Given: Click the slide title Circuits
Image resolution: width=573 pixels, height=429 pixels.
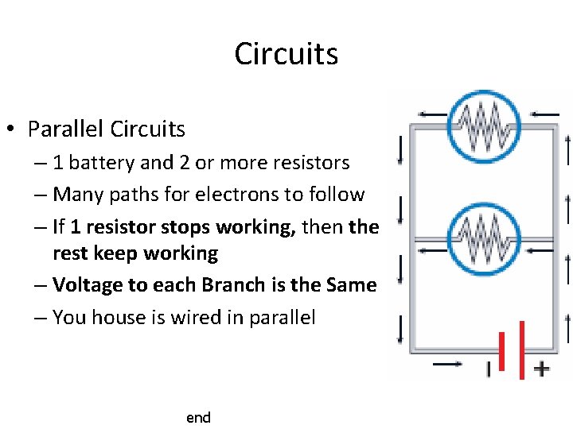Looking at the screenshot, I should pos(286,54).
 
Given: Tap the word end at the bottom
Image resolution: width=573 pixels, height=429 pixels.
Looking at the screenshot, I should pos(198,417).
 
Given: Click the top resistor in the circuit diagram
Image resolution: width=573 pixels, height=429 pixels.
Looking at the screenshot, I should pos(483,126).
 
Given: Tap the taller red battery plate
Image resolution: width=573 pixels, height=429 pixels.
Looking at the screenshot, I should pos(522,350).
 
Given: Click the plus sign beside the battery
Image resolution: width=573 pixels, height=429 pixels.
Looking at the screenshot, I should pos(541,369).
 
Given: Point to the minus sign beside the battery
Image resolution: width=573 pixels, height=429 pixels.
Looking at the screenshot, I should pos(488,369).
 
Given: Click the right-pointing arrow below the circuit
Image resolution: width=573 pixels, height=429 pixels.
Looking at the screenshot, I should pos(447,365).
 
